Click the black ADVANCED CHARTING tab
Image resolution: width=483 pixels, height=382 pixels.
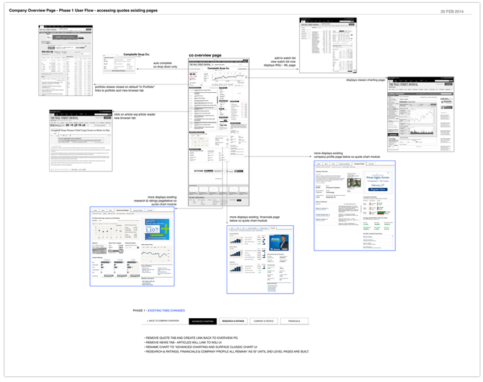pyautogui.click(x=202, y=321)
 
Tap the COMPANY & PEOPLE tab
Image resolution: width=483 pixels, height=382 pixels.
pyautogui.click(x=263, y=321)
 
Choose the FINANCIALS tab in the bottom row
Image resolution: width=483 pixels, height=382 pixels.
pyautogui.click(x=294, y=321)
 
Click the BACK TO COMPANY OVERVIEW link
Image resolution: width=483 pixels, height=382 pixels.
pyautogui.click(x=163, y=321)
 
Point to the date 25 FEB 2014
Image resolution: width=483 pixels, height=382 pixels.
pyautogui.click(x=452, y=11)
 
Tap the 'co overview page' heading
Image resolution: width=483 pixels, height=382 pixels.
pyautogui.click(x=205, y=55)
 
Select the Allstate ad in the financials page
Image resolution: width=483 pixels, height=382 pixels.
pyautogui.click(x=281, y=241)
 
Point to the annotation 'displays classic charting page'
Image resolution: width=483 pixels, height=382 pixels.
pyautogui.click(x=366, y=80)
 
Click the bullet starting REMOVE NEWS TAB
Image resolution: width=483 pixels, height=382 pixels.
pyautogui.click(x=177, y=343)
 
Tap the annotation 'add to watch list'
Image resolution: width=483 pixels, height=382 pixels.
pyautogui.click(x=285, y=58)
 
